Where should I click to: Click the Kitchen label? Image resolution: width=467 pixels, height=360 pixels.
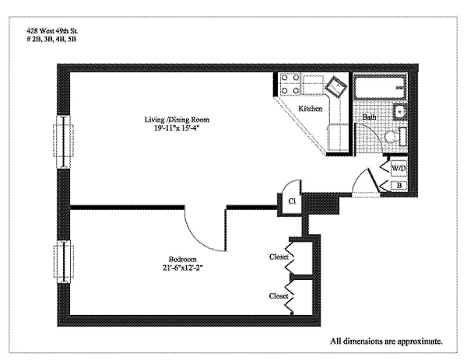[x=311, y=109]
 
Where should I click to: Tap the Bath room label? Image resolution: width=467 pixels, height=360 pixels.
[x=369, y=117]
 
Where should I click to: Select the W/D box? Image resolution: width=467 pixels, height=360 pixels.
[x=399, y=169]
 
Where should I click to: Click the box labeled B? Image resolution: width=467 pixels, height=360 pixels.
[x=399, y=185]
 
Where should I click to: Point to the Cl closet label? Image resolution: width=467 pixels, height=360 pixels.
[x=292, y=201]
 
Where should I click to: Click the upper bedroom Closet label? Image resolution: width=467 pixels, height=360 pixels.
[x=279, y=257]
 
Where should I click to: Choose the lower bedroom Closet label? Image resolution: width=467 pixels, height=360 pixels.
[x=279, y=296]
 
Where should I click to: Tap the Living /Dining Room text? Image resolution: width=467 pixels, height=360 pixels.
[x=177, y=120]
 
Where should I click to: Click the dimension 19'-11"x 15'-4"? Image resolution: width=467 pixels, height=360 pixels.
[x=177, y=128]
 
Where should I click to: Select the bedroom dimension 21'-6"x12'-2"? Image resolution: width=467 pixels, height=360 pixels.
[x=183, y=267]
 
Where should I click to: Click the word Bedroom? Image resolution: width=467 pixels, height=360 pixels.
[x=183, y=259]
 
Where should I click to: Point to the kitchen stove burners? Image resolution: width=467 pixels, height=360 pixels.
[x=290, y=84]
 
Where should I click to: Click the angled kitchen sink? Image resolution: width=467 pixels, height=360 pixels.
[x=336, y=86]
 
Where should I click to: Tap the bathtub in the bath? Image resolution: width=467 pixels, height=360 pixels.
[x=380, y=87]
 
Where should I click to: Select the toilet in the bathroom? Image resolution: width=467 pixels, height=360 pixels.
[x=395, y=137]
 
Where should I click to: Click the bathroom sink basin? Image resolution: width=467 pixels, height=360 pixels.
[x=399, y=112]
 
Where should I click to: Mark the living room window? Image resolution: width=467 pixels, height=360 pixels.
[x=64, y=142]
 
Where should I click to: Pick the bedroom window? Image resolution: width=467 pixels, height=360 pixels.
[x=64, y=261]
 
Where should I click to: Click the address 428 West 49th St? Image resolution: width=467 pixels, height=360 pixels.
[x=53, y=30]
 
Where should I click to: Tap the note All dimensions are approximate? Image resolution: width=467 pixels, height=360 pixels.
[x=386, y=341]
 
